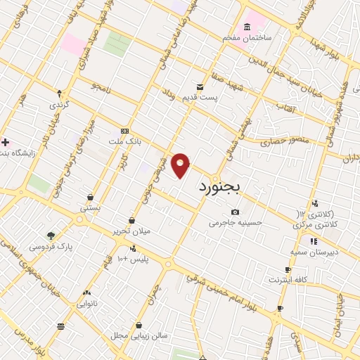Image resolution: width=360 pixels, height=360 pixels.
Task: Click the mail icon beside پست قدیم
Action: tap(200, 86)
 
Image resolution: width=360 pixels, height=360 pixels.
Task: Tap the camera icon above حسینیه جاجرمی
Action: tap(235, 212)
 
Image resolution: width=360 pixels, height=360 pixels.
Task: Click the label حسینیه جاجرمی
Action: tap(236, 223)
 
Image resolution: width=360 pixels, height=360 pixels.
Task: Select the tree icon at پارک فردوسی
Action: tap(51, 236)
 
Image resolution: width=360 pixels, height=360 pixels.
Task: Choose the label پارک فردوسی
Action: tap(51, 247)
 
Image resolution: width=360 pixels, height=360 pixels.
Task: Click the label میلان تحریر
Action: tap(131, 231)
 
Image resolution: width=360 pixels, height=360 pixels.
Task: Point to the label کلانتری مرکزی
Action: tap(312, 224)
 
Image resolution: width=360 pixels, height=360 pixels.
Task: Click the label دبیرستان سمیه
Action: tap(314, 251)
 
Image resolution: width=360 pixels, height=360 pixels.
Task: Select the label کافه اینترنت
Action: tap(288, 280)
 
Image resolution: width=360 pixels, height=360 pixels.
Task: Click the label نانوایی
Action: tap(86, 304)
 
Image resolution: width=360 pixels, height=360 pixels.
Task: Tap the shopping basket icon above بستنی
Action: tap(90, 198)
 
